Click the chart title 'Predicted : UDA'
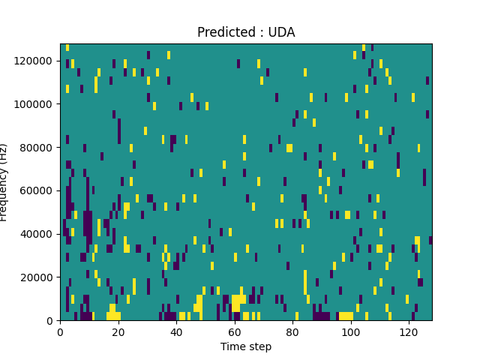246,32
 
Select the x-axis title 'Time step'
246,346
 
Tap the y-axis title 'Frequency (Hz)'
4,182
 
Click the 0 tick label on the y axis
52,321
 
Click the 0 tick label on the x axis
61,331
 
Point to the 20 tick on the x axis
118,331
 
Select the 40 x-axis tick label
176,331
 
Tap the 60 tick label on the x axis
234,331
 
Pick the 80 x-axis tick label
292,331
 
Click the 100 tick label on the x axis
350,331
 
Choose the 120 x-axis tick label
408,331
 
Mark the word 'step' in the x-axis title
259,346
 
